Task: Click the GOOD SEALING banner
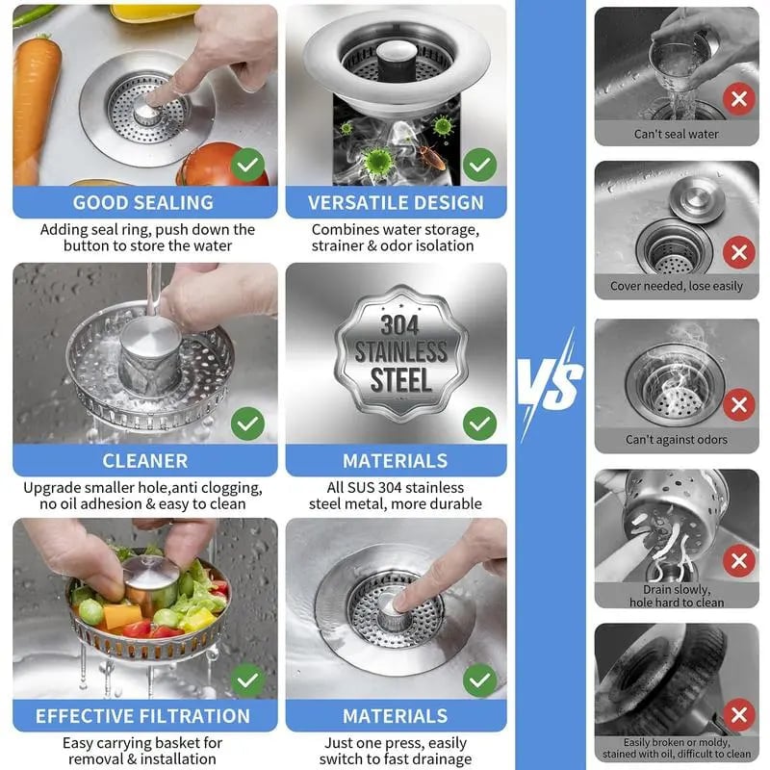(x=143, y=202)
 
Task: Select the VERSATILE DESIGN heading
(x=396, y=202)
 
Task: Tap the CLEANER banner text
(x=144, y=460)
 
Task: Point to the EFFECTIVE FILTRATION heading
(x=143, y=716)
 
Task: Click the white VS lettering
(x=551, y=384)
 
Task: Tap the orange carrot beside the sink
(x=37, y=106)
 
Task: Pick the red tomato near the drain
(x=217, y=166)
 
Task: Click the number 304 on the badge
(x=399, y=325)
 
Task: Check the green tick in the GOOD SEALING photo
(x=248, y=165)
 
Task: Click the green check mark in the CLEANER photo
(x=248, y=423)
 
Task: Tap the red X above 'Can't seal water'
(x=739, y=99)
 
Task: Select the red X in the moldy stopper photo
(x=739, y=714)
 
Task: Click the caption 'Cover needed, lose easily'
(x=677, y=286)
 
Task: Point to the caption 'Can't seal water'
(x=677, y=134)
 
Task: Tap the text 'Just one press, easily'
(x=396, y=743)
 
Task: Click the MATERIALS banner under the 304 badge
(x=396, y=460)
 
